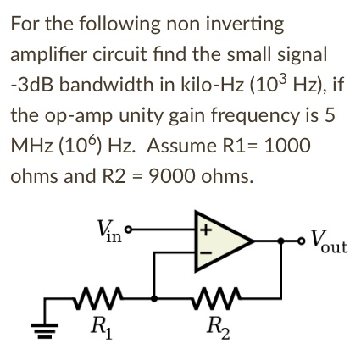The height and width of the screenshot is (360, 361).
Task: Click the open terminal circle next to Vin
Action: pos(130,227)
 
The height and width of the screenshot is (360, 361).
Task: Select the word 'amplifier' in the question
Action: pos(54,50)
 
